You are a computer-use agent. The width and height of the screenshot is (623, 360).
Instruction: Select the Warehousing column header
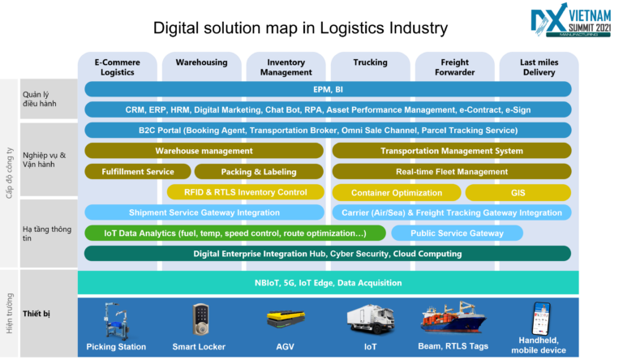point(202,62)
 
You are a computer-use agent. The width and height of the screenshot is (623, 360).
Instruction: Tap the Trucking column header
point(370,62)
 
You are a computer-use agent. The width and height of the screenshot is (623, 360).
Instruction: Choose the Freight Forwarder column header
point(454,66)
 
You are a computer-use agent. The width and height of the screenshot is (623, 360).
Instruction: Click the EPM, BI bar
point(328,89)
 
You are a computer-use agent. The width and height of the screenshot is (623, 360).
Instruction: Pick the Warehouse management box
point(204,151)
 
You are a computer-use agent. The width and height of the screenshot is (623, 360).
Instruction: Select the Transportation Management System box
point(452,151)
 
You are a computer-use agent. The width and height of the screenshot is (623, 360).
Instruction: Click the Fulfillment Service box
point(137,172)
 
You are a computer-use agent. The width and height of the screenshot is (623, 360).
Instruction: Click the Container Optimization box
point(397,193)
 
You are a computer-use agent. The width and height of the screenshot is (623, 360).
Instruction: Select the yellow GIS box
point(518,193)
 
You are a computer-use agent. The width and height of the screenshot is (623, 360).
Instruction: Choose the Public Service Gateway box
point(457,234)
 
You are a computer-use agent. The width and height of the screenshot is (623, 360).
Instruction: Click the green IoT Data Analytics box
point(234,234)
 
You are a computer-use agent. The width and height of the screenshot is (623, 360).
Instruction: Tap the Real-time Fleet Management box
point(452,172)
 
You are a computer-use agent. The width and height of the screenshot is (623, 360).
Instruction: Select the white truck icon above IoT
point(370,319)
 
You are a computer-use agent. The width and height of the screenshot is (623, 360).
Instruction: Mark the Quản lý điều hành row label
point(40,97)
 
